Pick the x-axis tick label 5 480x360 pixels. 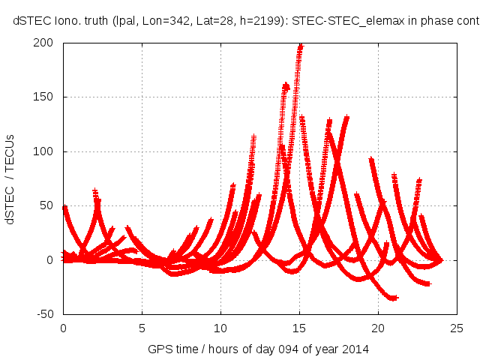pyautogui.click(x=142, y=327)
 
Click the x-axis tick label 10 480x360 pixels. pyautogui.click(x=220, y=327)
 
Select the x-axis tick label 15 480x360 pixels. pyautogui.click(x=299, y=327)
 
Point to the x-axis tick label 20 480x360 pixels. pyautogui.click(x=378, y=327)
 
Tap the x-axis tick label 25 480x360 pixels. pyautogui.click(x=457, y=327)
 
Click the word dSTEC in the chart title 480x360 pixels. pyautogui.click(x=30, y=22)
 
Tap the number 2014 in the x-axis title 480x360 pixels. pyautogui.click(x=355, y=349)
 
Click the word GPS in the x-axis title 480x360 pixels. pyautogui.click(x=160, y=349)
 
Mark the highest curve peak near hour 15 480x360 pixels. pyautogui.click(x=301, y=46)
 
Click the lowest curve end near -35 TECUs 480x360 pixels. pyautogui.click(x=393, y=298)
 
